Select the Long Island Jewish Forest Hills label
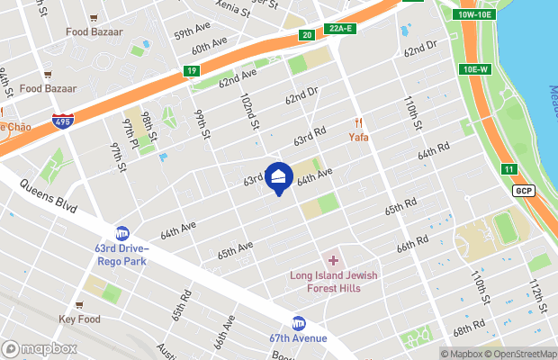(325, 282)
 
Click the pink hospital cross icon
(332, 260)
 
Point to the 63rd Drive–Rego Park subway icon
(122, 233)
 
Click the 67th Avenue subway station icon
(298, 323)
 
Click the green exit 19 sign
(192, 71)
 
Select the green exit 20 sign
(307, 35)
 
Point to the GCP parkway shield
(523, 191)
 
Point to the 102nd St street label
(249, 109)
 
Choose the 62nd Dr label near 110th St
(418, 46)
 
